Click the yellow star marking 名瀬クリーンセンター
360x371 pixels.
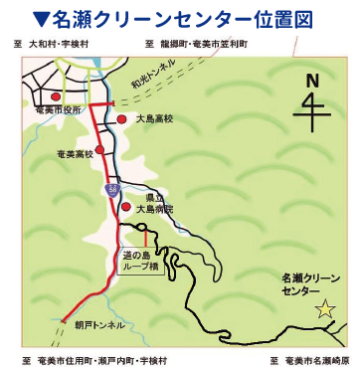[x=324, y=310]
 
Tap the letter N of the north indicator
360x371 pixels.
[x=312, y=81]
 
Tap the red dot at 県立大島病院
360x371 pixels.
[x=126, y=207]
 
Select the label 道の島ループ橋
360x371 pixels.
[x=142, y=262]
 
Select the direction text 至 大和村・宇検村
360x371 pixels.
[x=61, y=46]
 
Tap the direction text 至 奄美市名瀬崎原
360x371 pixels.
[x=307, y=358]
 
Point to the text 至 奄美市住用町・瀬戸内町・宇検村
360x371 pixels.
[x=95, y=358]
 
